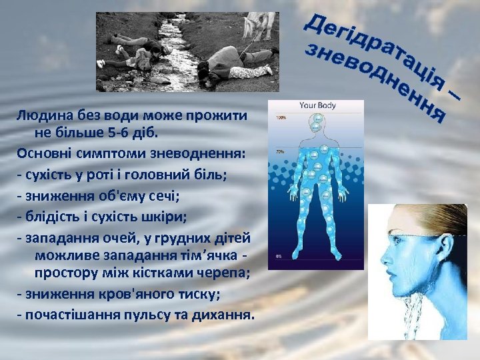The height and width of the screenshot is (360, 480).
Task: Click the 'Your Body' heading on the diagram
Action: point(317,105)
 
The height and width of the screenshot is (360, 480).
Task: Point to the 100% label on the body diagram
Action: point(281,118)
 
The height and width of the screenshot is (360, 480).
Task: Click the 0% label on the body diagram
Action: point(279,256)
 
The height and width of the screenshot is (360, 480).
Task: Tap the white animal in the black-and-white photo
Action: point(259,25)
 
